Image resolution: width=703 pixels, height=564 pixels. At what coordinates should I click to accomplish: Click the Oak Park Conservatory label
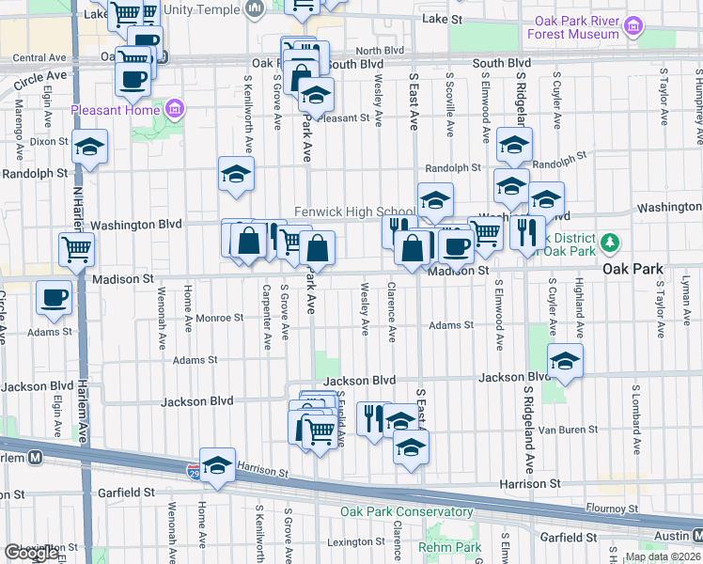coord(406,511)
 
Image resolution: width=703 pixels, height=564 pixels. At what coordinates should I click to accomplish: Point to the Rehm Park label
coord(450,547)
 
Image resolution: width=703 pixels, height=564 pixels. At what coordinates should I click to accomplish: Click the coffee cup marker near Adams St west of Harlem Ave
coord(54,298)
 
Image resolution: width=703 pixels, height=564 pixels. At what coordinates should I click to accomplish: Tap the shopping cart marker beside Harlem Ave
coord(76,249)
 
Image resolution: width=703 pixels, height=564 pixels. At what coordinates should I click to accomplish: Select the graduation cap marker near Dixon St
coord(89,147)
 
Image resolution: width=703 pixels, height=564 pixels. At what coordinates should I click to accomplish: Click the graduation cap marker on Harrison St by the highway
coord(217,464)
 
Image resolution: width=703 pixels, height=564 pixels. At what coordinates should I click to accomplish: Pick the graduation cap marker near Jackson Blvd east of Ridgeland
coord(565,361)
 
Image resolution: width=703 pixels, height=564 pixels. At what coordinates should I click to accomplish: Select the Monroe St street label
coord(219,318)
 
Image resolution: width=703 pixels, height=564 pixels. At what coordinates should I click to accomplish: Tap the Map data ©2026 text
coord(663,556)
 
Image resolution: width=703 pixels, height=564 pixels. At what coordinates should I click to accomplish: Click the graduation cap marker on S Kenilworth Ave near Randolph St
coord(237,173)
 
